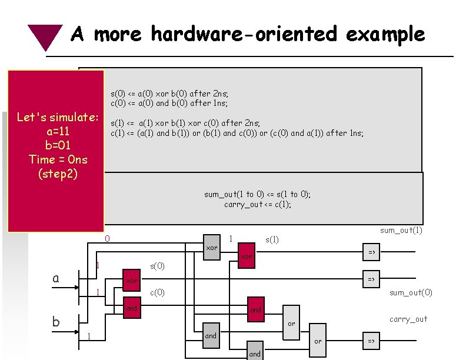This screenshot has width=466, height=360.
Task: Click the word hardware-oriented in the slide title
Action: tap(244, 34)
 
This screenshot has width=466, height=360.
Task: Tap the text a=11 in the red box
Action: tap(57, 131)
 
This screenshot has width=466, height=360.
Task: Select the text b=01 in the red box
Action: tap(57, 145)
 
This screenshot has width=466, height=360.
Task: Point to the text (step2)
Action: tap(57, 174)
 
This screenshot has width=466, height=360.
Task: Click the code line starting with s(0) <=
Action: tap(169, 94)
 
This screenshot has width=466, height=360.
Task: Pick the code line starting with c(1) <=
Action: tap(237, 133)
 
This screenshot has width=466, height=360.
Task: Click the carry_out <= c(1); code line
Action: tap(258, 204)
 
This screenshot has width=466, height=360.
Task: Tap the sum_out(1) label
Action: tap(401, 230)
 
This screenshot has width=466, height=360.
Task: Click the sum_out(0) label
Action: tap(411, 292)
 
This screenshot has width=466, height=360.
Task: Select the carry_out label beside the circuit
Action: tap(408, 319)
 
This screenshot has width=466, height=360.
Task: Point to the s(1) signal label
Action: tap(272, 239)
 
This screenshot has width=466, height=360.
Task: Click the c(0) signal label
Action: tap(158, 292)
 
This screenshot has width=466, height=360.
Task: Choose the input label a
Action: tap(56, 278)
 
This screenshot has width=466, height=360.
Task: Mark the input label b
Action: tap(56, 322)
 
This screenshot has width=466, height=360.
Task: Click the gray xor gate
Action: tap(211, 248)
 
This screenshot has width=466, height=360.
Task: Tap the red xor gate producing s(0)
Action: tap(132, 281)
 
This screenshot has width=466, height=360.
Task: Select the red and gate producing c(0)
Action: tap(132, 308)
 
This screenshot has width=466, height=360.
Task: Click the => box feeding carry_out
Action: tap(371, 341)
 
